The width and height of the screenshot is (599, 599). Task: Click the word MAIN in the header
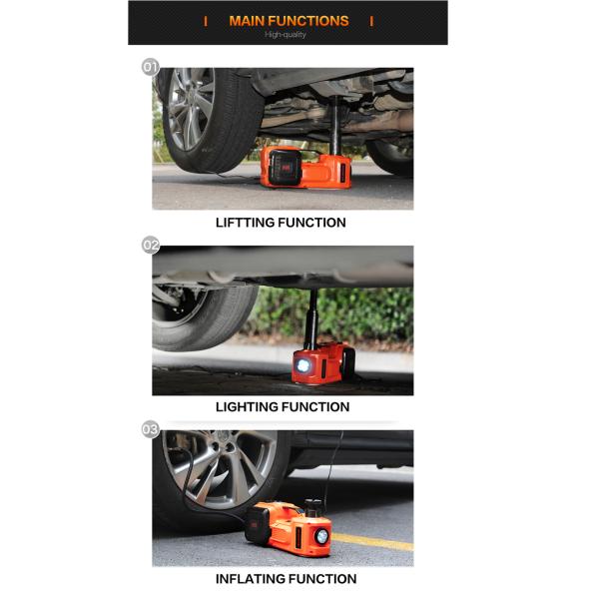pyautogui.click(x=247, y=21)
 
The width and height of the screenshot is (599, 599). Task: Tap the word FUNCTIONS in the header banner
pyautogui.click(x=308, y=21)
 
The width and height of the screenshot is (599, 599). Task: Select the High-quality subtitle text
pyautogui.click(x=286, y=35)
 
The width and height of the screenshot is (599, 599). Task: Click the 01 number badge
pyautogui.click(x=150, y=67)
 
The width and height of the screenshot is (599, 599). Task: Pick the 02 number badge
pyautogui.click(x=151, y=245)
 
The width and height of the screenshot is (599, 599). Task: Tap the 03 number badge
pyautogui.click(x=151, y=429)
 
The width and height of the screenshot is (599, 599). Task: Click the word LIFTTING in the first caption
pyautogui.click(x=245, y=223)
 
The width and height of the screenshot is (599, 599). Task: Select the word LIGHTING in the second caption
pyautogui.click(x=245, y=407)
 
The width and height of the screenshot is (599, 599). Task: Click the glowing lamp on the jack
pyautogui.click(x=303, y=365)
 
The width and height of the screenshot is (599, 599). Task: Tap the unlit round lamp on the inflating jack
pyautogui.click(x=322, y=536)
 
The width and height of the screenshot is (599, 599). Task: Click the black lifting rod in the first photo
pyautogui.click(x=335, y=126)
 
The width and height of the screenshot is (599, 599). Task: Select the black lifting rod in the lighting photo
pyautogui.click(x=312, y=319)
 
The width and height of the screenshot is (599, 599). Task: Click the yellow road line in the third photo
pyautogui.click(x=372, y=542)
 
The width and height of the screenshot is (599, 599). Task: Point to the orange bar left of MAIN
pyautogui.click(x=206, y=21)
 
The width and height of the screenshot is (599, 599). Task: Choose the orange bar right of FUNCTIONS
pyautogui.click(x=371, y=21)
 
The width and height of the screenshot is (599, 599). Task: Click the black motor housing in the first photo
pyautogui.click(x=285, y=167)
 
